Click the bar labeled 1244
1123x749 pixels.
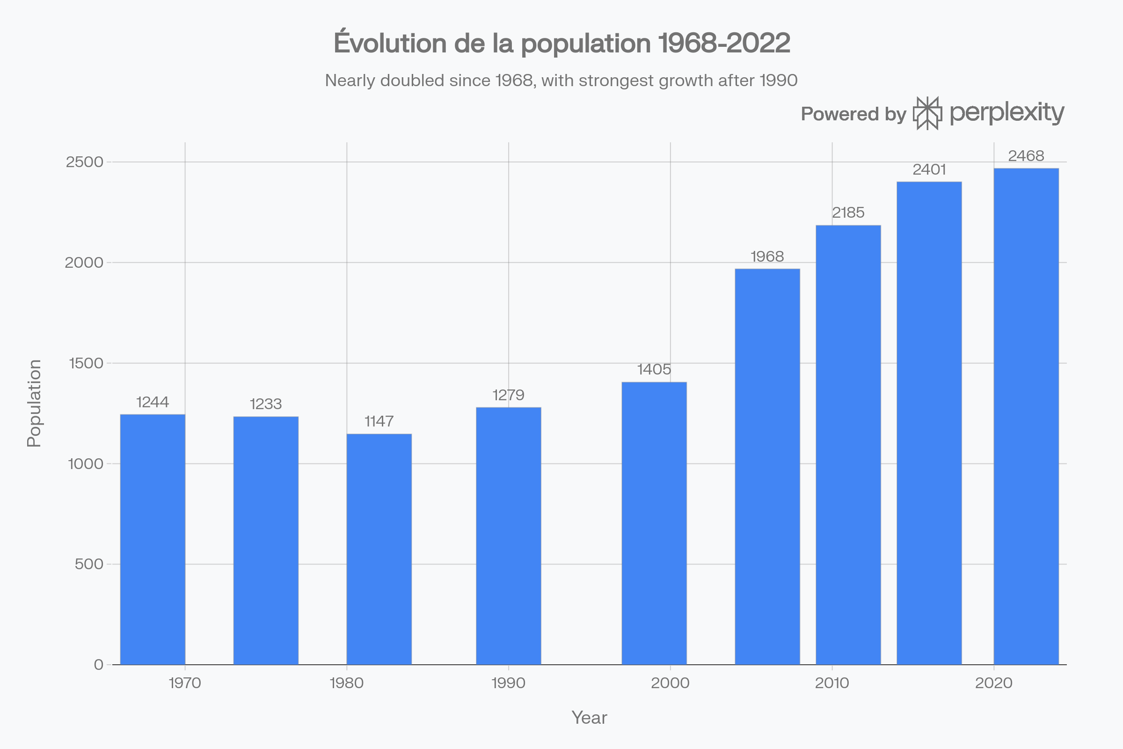153,540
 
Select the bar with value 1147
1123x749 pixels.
379,549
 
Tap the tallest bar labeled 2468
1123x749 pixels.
1026,416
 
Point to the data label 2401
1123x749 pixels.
929,169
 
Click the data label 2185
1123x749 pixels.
848,213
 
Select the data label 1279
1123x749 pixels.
508,395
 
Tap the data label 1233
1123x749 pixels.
265,404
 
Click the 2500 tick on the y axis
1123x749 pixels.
85,162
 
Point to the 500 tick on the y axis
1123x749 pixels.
89,564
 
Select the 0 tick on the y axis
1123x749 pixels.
98,665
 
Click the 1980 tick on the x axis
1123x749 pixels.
347,683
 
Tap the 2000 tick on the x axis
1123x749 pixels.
670,683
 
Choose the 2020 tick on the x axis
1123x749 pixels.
993,683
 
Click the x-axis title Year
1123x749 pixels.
589,718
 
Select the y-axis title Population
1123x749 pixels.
34,403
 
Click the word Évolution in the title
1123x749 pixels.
390,43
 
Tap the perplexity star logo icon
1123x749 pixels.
927,113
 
